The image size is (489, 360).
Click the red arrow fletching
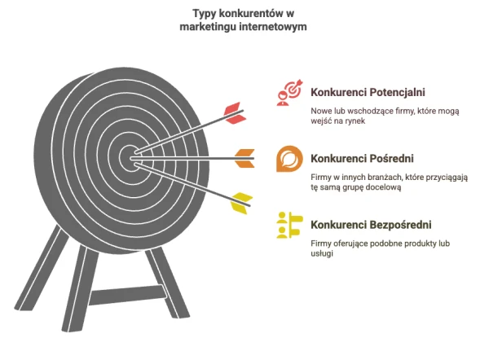tap(236, 113)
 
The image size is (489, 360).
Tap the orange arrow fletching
tap(244, 158)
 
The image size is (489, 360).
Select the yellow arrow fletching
tap(241, 204)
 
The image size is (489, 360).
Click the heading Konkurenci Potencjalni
tap(368, 92)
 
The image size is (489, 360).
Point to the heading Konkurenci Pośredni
tap(362, 158)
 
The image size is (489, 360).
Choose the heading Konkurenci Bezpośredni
tap(371, 225)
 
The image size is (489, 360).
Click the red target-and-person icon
tap(289, 93)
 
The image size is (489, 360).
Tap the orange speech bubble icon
tap(289, 159)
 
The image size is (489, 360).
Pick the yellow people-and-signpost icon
tap(289, 225)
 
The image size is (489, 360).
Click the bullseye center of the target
tap(131, 158)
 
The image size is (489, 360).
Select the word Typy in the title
tap(205, 14)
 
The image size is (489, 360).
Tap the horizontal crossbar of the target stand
tap(128, 295)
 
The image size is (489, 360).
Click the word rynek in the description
tap(355, 121)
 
